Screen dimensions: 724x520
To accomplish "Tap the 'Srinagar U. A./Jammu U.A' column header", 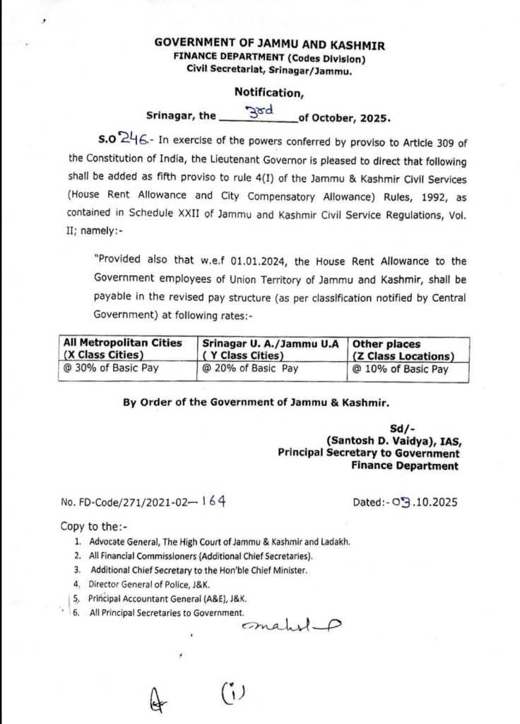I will click(x=272, y=342).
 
